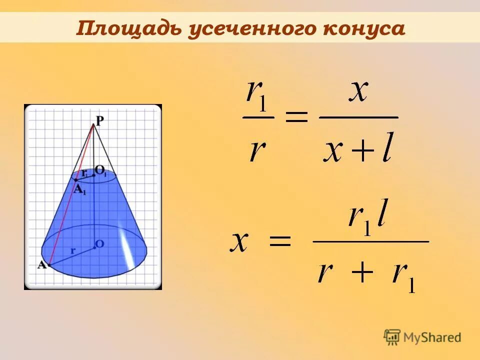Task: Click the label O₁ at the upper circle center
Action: point(101,171)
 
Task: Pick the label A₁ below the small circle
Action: point(80,189)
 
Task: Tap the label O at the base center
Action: point(99,244)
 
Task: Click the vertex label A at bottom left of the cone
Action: point(42,265)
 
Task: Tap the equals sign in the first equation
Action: point(296,118)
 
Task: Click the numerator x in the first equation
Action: point(358,92)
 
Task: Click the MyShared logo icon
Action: point(392,336)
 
